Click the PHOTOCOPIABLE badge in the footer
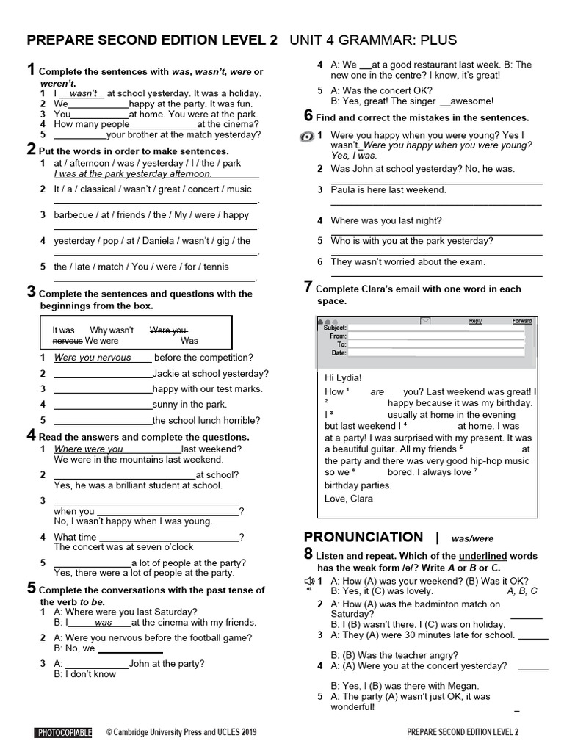click(x=63, y=732)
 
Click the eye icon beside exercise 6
click(x=308, y=137)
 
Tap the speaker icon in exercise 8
click(x=308, y=581)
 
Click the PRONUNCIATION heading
click(x=364, y=537)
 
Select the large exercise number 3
click(x=31, y=292)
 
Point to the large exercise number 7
click(x=308, y=287)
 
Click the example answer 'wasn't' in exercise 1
click(x=84, y=94)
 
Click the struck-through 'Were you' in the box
click(x=168, y=330)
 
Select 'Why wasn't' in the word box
click(x=112, y=330)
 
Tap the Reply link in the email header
click(x=475, y=321)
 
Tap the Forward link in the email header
click(x=521, y=321)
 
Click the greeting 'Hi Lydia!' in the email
click(x=343, y=377)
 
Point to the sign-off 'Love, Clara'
click(x=349, y=499)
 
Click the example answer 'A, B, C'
click(x=522, y=590)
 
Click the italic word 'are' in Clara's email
click(x=377, y=391)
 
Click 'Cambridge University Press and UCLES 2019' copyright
click(x=181, y=732)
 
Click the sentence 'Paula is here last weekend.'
click(x=388, y=189)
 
